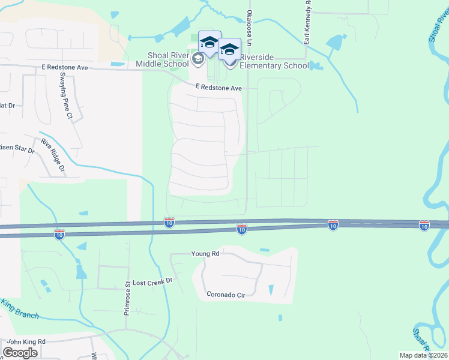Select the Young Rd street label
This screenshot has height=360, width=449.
click(x=205, y=254)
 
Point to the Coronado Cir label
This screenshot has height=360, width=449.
click(x=227, y=295)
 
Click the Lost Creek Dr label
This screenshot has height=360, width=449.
click(x=152, y=281)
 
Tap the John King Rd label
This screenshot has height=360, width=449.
click(x=26, y=341)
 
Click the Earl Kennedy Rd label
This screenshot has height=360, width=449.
click(x=307, y=24)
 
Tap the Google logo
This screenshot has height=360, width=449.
click(x=20, y=352)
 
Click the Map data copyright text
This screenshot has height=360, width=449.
click(x=424, y=355)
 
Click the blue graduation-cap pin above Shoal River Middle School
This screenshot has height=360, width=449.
click(x=209, y=43)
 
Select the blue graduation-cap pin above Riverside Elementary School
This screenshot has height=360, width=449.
click(x=229, y=49)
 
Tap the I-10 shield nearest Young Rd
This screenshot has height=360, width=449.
click(x=241, y=229)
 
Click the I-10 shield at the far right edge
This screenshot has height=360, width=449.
click(x=424, y=225)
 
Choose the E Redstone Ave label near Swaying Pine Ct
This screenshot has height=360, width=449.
click(x=65, y=68)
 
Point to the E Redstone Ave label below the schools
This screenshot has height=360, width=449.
click(x=218, y=88)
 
